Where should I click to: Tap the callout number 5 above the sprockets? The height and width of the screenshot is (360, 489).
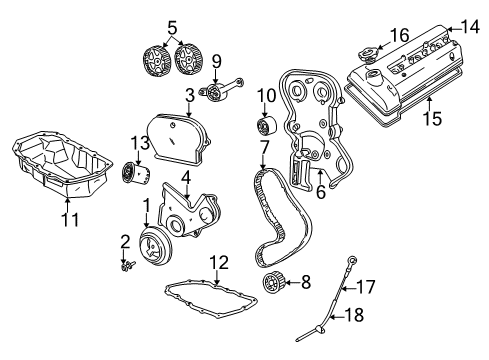click(x=172, y=27)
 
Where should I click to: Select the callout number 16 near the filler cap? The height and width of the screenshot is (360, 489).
click(x=398, y=35)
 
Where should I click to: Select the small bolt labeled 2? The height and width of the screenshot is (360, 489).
click(x=128, y=266)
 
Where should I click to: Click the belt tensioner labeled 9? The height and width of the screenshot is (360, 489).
click(x=213, y=95)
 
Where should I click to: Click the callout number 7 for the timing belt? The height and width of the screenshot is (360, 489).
click(x=263, y=147)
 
